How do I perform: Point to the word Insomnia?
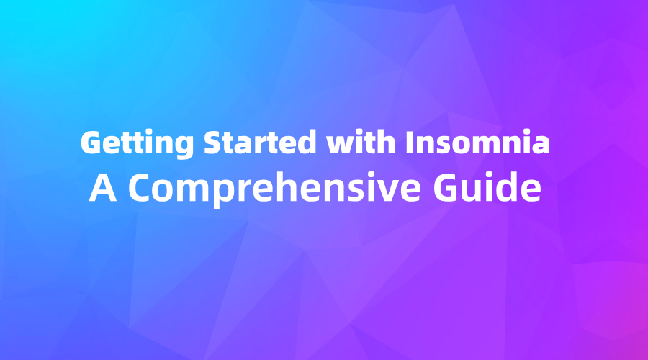click(477, 143)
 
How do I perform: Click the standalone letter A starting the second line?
click(101, 188)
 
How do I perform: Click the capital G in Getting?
click(91, 143)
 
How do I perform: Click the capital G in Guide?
click(459, 188)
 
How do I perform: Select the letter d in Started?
click(308, 143)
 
